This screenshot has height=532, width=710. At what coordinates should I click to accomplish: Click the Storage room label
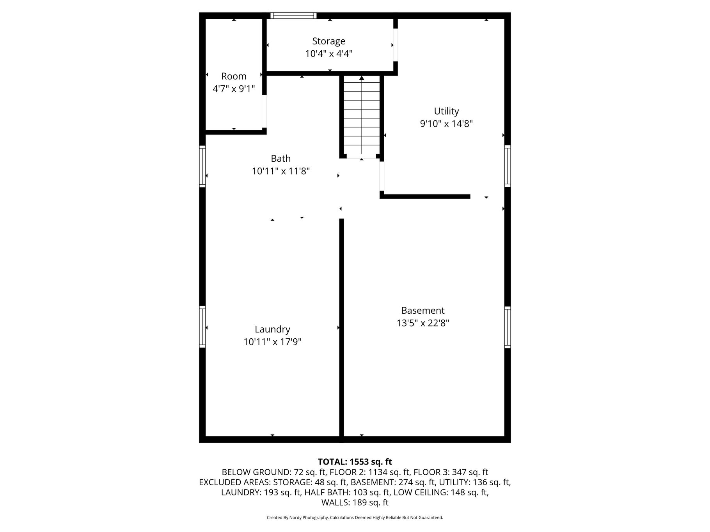[328, 41]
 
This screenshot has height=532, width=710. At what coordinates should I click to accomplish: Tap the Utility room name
[446, 111]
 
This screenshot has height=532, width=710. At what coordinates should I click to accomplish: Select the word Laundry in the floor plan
[272, 330]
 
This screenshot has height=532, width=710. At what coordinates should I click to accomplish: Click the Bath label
[281, 159]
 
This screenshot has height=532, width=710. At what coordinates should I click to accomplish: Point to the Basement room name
[423, 311]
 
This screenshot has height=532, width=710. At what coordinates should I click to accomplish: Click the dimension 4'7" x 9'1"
[234, 89]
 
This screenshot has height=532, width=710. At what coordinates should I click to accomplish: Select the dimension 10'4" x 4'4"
[328, 54]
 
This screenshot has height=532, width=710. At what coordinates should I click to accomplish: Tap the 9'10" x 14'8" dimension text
[446, 124]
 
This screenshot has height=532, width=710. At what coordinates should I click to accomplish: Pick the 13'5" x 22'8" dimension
[423, 323]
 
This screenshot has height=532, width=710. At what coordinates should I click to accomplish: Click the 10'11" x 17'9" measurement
[272, 342]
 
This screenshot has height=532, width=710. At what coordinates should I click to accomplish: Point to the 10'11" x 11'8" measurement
[281, 171]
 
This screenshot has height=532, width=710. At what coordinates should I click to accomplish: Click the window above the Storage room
[293, 16]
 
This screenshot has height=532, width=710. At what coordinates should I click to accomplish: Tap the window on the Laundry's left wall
[202, 327]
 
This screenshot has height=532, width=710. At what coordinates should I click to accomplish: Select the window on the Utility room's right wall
[508, 166]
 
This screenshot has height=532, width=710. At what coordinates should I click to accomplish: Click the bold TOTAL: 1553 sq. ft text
[355, 462]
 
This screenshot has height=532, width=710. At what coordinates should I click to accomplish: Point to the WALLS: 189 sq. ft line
[355, 502]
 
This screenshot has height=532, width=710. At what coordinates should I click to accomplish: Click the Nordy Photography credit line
[355, 518]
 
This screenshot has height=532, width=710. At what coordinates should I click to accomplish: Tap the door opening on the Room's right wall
[264, 111]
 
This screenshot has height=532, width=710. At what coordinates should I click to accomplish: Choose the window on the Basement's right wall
[508, 327]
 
